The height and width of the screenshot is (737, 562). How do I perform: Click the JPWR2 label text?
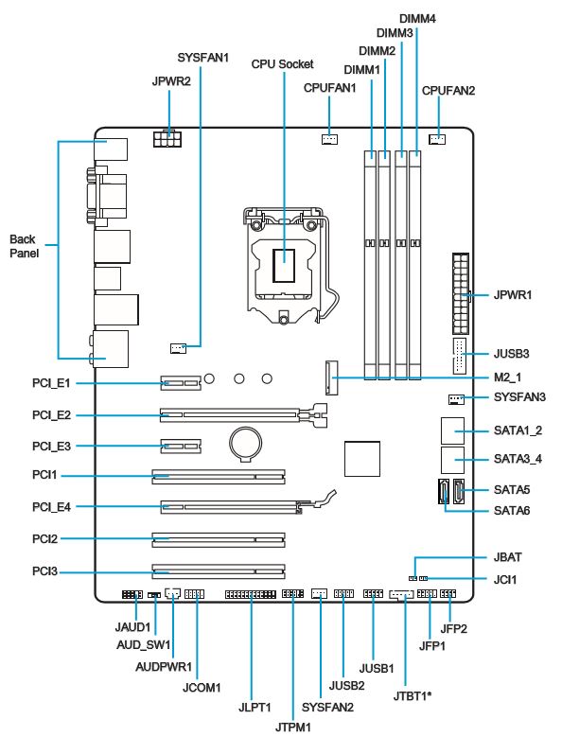point(171,81)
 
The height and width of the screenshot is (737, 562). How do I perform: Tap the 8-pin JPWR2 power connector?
point(167,138)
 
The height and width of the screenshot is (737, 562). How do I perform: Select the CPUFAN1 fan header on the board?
point(329,139)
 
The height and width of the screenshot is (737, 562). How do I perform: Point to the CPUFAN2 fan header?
point(437,139)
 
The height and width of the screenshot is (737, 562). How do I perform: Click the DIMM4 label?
point(417,19)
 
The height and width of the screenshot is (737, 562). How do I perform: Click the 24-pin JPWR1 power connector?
point(462,294)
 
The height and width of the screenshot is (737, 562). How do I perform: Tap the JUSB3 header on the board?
point(459,356)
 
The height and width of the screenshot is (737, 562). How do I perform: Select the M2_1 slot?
point(331,377)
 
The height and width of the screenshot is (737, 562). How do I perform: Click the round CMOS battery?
point(245,443)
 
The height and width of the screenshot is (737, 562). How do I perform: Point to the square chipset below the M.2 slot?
point(361,459)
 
